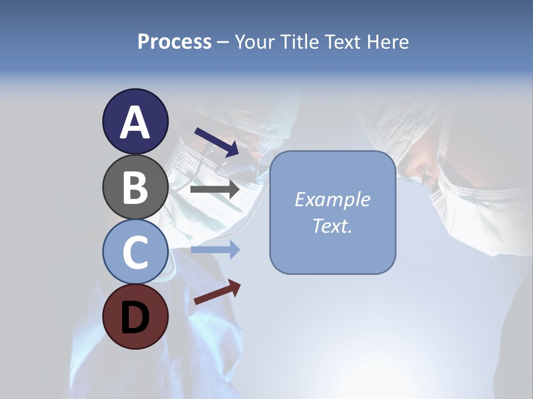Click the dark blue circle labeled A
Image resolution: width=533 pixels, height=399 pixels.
(x=135, y=121)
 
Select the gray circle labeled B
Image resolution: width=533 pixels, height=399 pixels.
(x=135, y=187)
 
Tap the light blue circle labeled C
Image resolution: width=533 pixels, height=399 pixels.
(x=135, y=252)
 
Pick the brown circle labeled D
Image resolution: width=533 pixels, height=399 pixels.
(x=135, y=316)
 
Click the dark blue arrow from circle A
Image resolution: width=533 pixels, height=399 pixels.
(x=217, y=142)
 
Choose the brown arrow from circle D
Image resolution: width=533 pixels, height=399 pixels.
(x=217, y=291)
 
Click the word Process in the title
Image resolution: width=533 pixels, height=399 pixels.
(x=174, y=42)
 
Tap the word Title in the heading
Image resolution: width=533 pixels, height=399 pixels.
(x=298, y=42)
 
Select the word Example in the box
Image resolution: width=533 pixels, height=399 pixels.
(x=332, y=199)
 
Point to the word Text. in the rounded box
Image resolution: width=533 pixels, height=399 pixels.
(x=332, y=226)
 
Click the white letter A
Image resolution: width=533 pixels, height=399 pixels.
(x=135, y=122)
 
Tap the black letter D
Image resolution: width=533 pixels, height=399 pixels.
(x=135, y=318)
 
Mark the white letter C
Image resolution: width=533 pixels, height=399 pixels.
(x=135, y=252)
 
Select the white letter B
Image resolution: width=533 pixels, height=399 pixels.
(x=135, y=187)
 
